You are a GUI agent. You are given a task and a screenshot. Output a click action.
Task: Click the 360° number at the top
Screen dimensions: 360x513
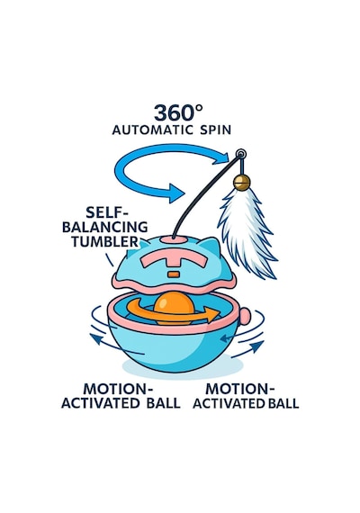(178, 112)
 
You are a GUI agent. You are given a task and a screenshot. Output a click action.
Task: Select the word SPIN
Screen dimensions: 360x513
(215, 130)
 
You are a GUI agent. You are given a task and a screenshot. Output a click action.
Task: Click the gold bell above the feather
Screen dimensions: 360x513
(242, 182)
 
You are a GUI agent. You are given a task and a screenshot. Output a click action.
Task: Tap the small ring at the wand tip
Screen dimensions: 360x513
(241, 154)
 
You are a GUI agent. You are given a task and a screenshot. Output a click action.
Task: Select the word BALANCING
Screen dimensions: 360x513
(105, 227)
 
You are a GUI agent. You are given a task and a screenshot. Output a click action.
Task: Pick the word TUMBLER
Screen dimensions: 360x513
(105, 241)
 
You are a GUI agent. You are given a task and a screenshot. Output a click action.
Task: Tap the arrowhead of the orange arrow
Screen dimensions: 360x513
(212, 314)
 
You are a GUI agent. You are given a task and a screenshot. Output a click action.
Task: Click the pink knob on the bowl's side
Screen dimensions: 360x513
(245, 317)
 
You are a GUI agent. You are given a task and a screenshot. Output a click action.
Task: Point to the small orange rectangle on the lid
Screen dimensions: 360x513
(174, 274)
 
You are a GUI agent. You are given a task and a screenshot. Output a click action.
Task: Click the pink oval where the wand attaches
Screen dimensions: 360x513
(178, 239)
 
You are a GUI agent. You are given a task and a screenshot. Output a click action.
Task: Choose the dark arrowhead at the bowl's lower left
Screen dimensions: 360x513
(95, 339)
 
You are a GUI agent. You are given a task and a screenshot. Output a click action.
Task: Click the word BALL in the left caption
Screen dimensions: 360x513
(163, 403)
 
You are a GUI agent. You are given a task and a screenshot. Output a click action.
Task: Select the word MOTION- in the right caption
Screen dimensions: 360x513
(239, 389)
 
